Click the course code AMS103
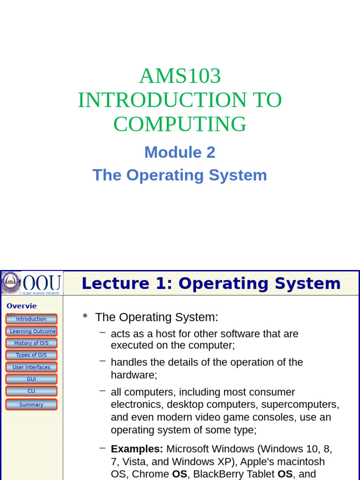pyautogui.click(x=180, y=76)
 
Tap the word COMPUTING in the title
pyautogui.click(x=180, y=124)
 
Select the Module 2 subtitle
pyautogui.click(x=180, y=152)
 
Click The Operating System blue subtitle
pyautogui.click(x=180, y=175)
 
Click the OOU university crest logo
pyautogui.click(x=11, y=283)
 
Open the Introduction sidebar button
pyautogui.click(x=31, y=319)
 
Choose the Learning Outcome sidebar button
pyautogui.click(x=31, y=331)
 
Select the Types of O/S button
pyautogui.click(x=31, y=355)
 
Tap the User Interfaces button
pyautogui.click(x=31, y=367)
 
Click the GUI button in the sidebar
pyautogui.click(x=31, y=379)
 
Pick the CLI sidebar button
pyautogui.click(x=31, y=391)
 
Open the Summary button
pyautogui.click(x=31, y=405)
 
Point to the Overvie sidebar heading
pyautogui.click(x=22, y=306)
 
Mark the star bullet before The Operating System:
pyautogui.click(x=85, y=316)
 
